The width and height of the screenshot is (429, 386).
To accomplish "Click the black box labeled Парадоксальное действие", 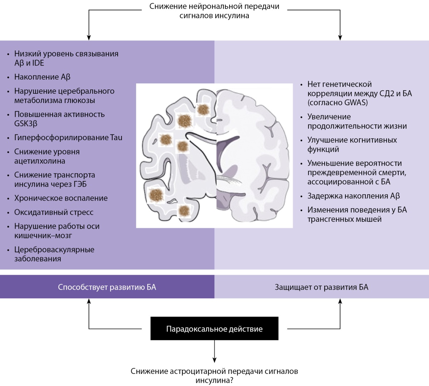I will [x=214, y=328].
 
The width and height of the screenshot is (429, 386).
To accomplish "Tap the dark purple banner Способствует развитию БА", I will [x=107, y=287].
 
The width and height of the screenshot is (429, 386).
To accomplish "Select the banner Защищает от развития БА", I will [x=321, y=287].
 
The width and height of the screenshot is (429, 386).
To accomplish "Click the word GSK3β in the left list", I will [x=26, y=124].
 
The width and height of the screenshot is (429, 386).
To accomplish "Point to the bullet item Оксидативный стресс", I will [x=54, y=212].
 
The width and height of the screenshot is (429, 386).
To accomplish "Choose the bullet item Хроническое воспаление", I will [x=61, y=198].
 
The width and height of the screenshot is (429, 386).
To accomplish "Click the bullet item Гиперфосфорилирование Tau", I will [x=68, y=138].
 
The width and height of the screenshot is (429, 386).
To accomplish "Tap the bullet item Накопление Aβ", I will [x=42, y=77].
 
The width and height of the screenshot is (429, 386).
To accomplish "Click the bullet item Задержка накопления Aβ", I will [x=353, y=196].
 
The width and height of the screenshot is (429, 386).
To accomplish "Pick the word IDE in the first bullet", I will [x=38, y=63].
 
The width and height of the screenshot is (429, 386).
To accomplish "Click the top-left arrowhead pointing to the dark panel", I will [x=89, y=37].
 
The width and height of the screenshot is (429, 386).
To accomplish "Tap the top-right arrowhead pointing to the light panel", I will [x=340, y=37].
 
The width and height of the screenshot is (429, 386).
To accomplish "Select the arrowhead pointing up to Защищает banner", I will [x=340, y=302].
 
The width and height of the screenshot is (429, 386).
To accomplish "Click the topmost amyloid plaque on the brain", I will [x=203, y=109].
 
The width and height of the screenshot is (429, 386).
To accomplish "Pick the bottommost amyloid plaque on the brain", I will [x=184, y=210].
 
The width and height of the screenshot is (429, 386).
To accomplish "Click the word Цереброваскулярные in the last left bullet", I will [x=54, y=250].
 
